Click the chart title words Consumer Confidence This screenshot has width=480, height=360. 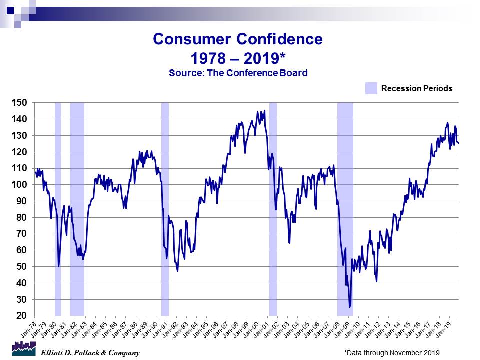tap(238, 39)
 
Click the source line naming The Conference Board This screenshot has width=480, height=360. tap(238, 73)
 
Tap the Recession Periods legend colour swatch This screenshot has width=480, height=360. tap(370, 88)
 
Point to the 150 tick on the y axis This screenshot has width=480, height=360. tap(23, 103)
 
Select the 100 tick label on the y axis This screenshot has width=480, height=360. tap(23, 185)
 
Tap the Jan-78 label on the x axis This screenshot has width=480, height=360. tap(28, 328)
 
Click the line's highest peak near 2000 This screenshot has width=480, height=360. tap(264, 111)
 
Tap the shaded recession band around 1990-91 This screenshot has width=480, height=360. tap(165, 210)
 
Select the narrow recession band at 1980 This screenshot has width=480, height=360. tap(58, 210)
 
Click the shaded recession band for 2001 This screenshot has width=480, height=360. tap(273, 210)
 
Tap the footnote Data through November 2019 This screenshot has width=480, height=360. tap(391, 353)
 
